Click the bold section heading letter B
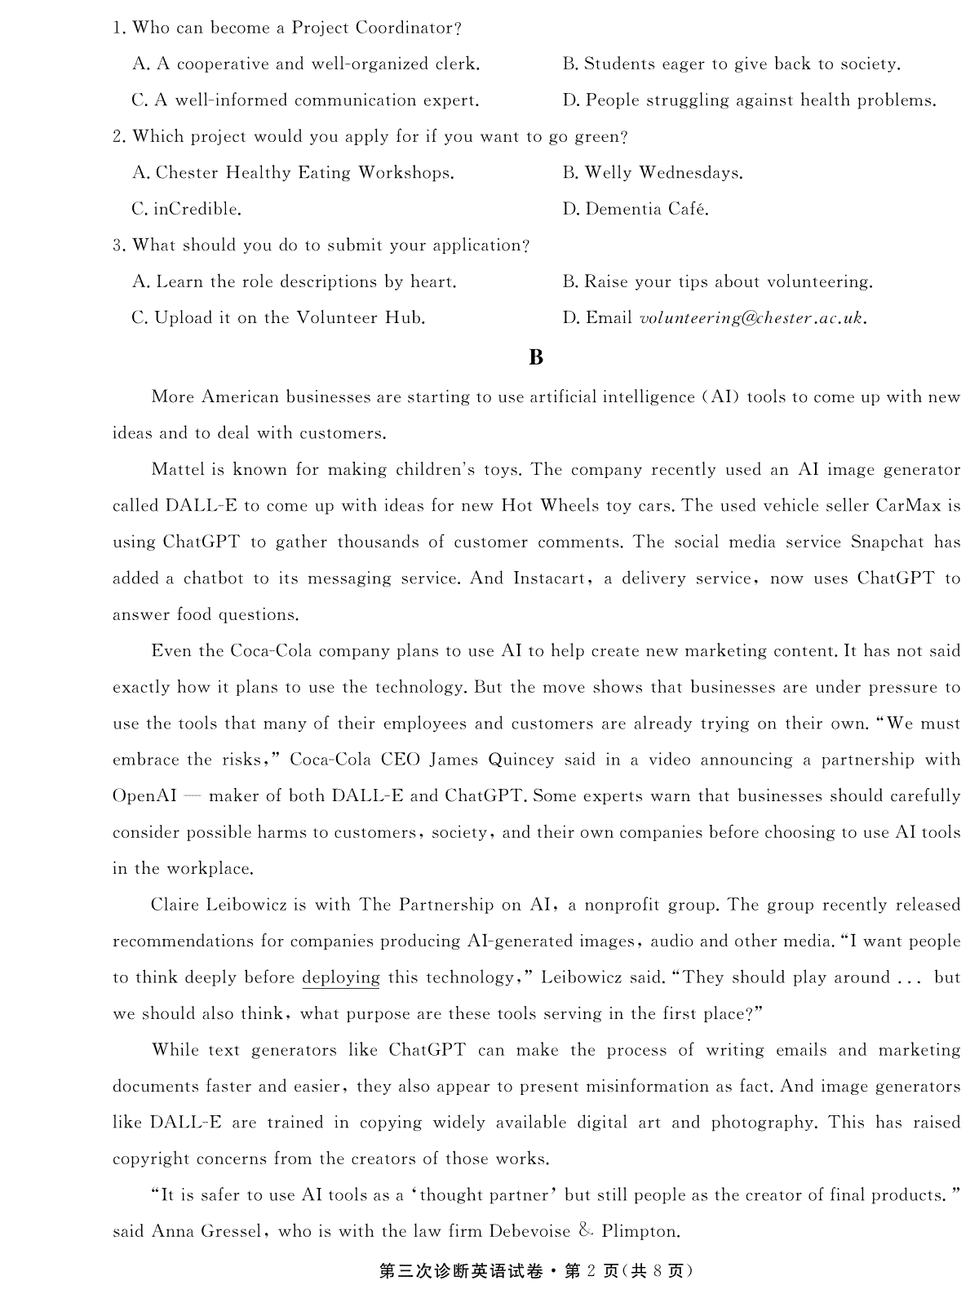tap(536, 357)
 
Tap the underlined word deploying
tap(341, 977)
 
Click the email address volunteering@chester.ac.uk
tap(753, 318)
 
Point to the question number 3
tap(117, 246)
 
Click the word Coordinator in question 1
tap(401, 28)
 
